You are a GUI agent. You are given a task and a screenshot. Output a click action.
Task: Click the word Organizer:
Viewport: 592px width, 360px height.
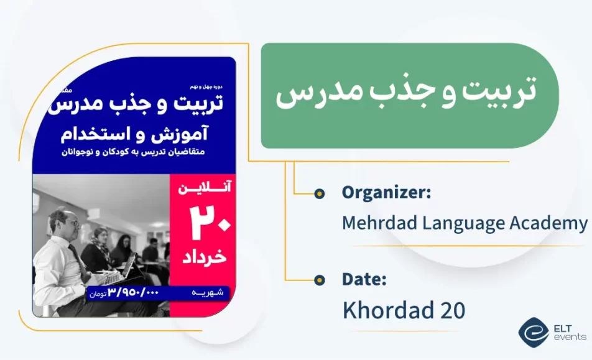pos(386,193)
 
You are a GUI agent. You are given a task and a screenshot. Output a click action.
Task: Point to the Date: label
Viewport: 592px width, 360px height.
pos(364,280)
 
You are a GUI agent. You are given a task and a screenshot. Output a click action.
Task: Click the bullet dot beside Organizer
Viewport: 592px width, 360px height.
pos(319,193)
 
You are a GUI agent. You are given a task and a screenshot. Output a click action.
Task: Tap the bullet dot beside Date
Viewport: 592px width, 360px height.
pos(319,280)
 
